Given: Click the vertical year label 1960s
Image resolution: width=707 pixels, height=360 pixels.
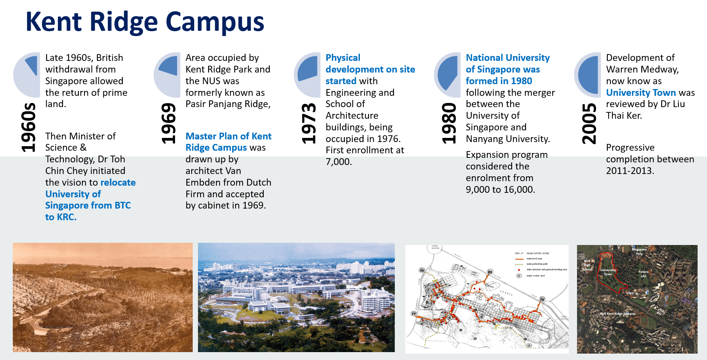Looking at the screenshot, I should [29, 127].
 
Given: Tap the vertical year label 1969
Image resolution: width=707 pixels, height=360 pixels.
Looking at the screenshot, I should [168, 124].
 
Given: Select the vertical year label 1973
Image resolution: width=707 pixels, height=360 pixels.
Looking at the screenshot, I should [309, 124].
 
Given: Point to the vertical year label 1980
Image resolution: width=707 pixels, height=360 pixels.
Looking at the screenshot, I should [449, 124].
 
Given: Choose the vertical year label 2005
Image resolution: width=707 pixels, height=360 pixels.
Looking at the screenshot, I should [589, 124].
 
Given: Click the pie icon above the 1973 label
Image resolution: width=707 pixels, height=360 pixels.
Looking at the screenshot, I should [307, 75].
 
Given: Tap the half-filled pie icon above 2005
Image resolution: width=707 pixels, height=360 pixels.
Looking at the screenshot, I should [588, 75].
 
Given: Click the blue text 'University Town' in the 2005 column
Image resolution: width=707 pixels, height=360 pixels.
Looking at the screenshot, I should [641, 93].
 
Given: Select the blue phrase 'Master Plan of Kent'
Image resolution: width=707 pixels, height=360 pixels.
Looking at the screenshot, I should [228, 136].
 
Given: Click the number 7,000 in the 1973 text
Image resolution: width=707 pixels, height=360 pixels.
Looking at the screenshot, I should [338, 162].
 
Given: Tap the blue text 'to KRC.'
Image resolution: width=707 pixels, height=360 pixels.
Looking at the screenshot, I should [61, 217].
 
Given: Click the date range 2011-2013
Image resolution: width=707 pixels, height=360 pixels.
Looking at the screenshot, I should [630, 171].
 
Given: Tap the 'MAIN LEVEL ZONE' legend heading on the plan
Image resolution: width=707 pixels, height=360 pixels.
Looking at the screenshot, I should [538, 253].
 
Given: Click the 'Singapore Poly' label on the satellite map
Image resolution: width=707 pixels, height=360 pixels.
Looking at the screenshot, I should [639, 251].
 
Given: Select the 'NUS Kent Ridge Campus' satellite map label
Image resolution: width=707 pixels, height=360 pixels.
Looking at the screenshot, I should [617, 313].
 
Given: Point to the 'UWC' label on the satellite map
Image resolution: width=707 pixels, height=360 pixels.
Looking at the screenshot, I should [630, 293].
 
